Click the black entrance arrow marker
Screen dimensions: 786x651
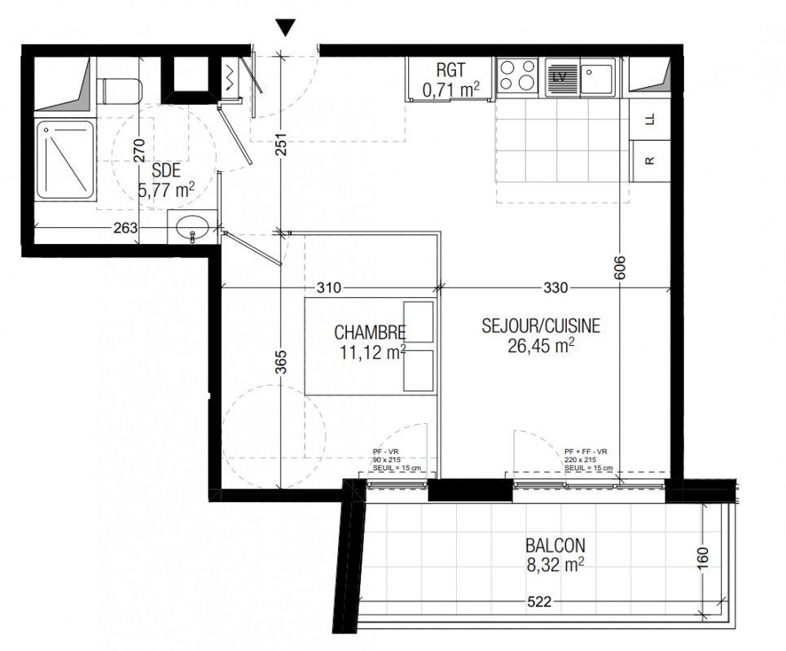tap(285, 28)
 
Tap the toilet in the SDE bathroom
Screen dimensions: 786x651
tap(120, 90)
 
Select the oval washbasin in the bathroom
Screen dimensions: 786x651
tap(192, 229)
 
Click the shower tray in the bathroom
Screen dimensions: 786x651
tap(65, 160)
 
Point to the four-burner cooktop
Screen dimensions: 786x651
tap(517, 76)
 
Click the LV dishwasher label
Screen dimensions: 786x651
tap(559, 76)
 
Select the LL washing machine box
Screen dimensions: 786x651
tap(650, 119)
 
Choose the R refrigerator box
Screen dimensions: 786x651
tap(650, 161)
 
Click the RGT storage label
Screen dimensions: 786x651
tap(450, 70)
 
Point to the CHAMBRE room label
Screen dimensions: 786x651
tap(370, 333)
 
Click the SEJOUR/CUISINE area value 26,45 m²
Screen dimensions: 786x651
tap(541, 346)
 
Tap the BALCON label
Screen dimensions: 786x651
tap(555, 545)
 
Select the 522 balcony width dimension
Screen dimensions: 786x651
tap(539, 601)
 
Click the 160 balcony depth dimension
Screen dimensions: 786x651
tap(703, 558)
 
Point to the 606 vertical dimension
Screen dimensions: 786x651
tap(620, 268)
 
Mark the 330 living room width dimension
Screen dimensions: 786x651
tap(555, 288)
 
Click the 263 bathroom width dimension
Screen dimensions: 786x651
tap(125, 228)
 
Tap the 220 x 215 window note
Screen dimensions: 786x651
tap(580, 460)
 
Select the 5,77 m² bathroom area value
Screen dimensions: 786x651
tap(166, 190)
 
